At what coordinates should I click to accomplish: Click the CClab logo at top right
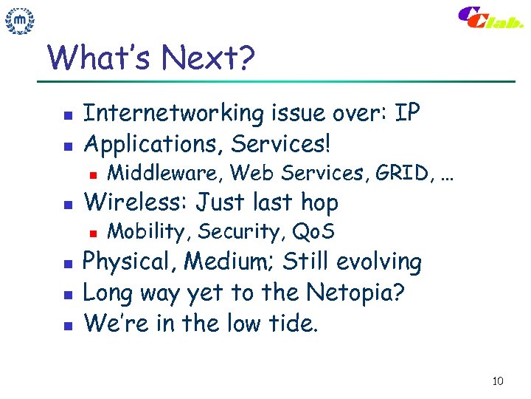point(490,18)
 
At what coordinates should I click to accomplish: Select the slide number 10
point(497,381)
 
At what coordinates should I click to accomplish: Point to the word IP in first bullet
point(407,113)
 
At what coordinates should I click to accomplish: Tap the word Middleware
point(166,173)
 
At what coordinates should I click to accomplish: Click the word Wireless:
point(137,202)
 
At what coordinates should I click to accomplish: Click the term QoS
point(313,232)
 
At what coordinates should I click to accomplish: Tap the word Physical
point(130,262)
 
